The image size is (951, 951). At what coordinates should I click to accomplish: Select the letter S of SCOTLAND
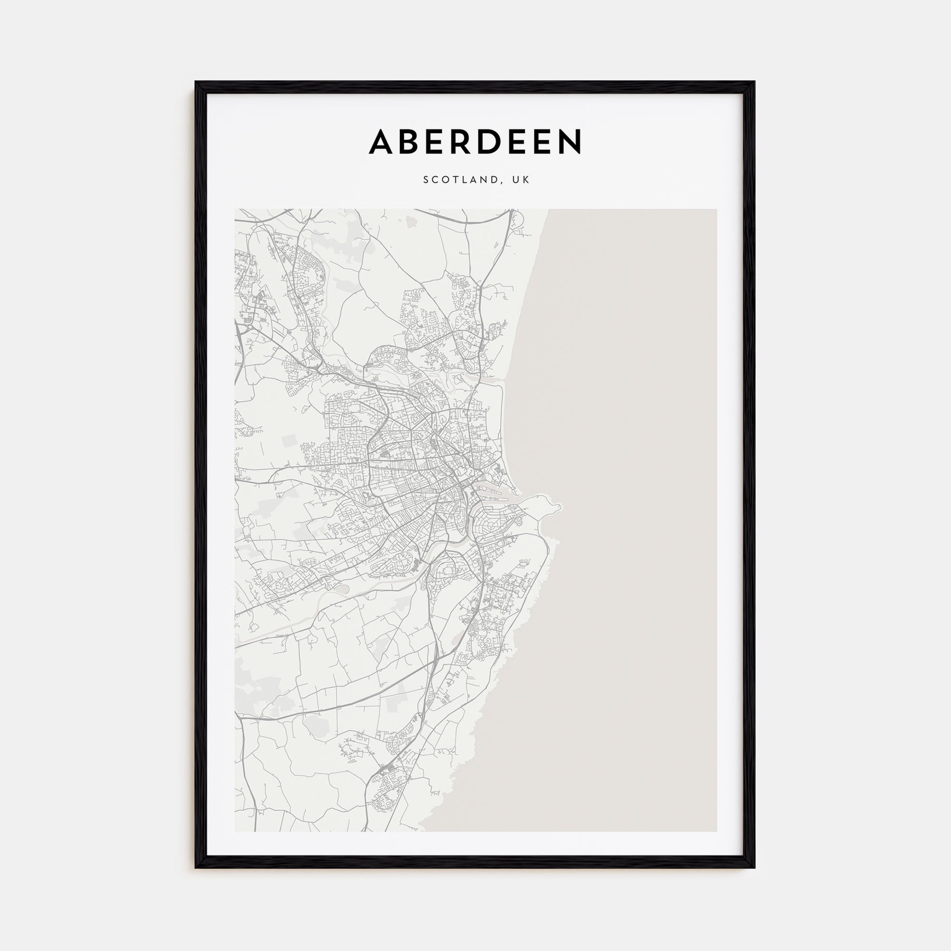pos(426,180)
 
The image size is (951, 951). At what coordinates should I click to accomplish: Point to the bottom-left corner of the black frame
pos(196,867)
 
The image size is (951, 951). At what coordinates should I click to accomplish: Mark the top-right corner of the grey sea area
pos(716,210)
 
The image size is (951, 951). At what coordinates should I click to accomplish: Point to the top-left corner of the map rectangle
pos(235,210)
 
